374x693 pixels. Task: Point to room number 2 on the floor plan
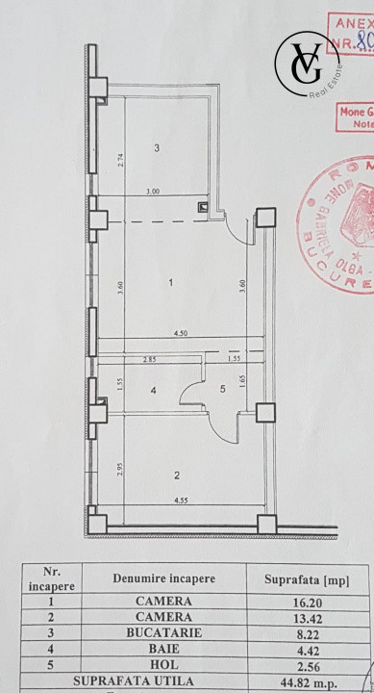[x=177, y=475]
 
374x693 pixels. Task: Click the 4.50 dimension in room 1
[x=180, y=333]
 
